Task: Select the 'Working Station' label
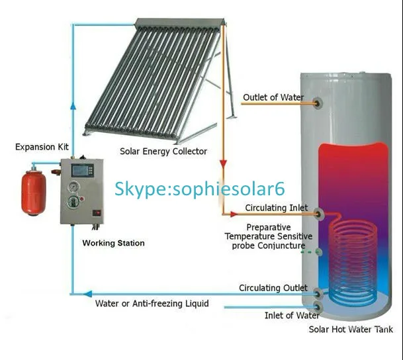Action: coord(113,243)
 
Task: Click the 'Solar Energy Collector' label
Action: coord(163,151)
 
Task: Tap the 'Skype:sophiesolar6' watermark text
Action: coord(199,189)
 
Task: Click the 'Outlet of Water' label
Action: coord(273,97)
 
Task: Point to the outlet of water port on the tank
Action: coord(318,103)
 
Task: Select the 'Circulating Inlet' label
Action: coord(277,208)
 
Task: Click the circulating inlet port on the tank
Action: coord(320,213)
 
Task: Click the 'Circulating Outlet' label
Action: coord(273,288)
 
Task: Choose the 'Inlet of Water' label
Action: coord(292,316)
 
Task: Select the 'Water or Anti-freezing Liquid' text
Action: coord(152,304)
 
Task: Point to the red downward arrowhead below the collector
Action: coord(223,164)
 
